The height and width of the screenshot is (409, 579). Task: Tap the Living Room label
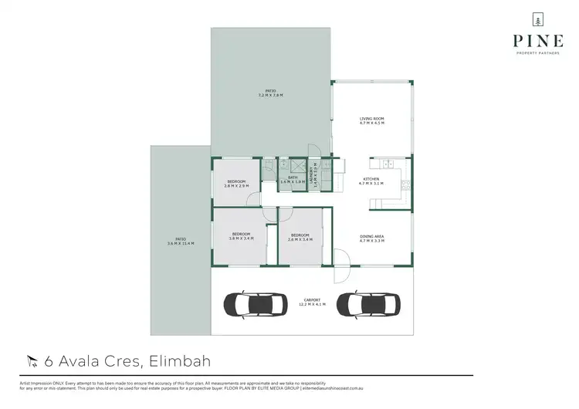coord(371,120)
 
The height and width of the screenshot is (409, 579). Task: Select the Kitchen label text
coord(371,181)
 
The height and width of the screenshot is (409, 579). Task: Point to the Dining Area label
coord(371,239)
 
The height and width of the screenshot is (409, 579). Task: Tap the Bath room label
coord(293,179)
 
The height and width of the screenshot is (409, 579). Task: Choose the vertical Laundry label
coord(313,179)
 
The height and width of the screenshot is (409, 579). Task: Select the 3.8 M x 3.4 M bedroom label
coord(241,236)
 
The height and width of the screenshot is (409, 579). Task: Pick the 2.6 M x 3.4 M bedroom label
coord(300,236)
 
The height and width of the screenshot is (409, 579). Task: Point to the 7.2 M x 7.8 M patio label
coord(270,94)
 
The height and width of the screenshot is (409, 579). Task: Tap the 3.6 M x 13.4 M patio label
coord(180,241)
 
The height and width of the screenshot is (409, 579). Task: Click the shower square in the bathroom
coord(283,164)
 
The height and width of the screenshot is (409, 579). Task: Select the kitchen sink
coord(384,164)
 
